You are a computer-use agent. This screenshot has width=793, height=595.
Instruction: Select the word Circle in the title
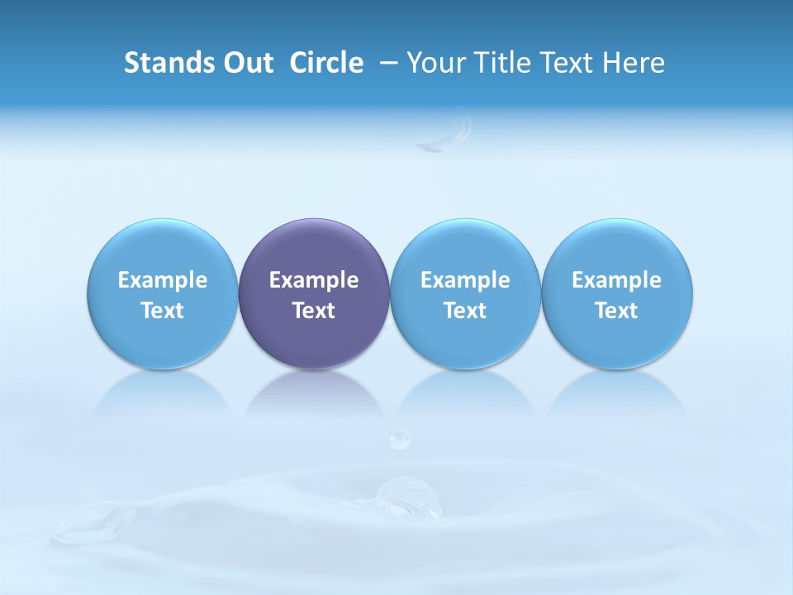(326, 63)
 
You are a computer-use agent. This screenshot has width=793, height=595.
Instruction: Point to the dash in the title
(386, 63)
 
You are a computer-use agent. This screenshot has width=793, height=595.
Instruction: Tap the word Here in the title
(636, 63)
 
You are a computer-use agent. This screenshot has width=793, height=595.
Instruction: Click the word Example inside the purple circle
(314, 280)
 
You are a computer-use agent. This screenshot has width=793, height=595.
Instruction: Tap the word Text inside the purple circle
(314, 311)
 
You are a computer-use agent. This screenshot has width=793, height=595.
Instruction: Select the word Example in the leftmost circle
(163, 280)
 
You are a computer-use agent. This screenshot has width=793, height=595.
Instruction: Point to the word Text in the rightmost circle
(617, 311)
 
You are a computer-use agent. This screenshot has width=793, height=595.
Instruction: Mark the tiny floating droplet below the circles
(400, 439)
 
